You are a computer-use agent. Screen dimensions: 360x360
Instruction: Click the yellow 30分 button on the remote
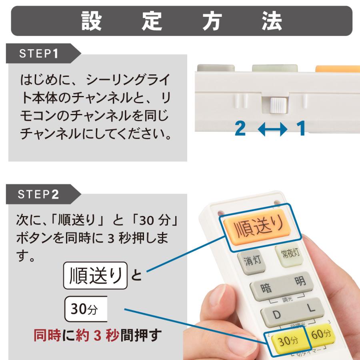(287, 341)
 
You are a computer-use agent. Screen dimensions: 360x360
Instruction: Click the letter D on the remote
(277, 315)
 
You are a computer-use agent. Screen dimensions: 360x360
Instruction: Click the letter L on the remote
(311, 308)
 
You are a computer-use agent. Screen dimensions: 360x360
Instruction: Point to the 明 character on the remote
(300, 281)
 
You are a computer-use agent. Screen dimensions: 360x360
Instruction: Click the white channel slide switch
(277, 105)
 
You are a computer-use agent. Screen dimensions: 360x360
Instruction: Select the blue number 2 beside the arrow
(240, 129)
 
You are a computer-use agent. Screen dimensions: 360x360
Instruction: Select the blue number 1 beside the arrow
(301, 129)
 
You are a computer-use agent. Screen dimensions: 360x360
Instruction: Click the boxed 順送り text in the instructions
(95, 276)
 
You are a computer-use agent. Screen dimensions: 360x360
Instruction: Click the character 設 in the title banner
(92, 20)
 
